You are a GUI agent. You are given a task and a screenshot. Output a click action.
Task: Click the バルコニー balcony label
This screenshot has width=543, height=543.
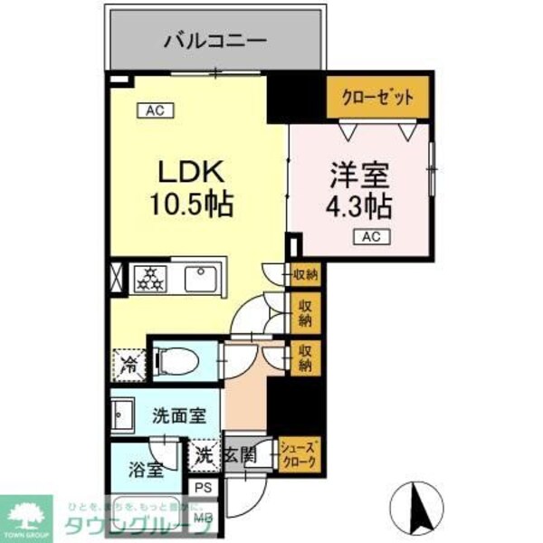[214, 41]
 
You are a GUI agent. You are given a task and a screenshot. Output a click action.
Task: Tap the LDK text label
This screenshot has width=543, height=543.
[191, 172]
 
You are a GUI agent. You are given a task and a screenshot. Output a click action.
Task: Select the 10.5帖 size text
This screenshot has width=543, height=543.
[191, 204]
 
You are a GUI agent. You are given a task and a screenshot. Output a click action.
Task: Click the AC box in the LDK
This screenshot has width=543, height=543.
[154, 110]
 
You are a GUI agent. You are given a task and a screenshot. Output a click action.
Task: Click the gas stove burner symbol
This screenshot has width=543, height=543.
[148, 279]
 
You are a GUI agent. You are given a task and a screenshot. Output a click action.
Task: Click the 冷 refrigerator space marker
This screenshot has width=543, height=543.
[128, 364]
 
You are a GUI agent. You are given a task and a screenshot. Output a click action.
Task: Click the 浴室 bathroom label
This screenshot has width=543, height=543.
[146, 470]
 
